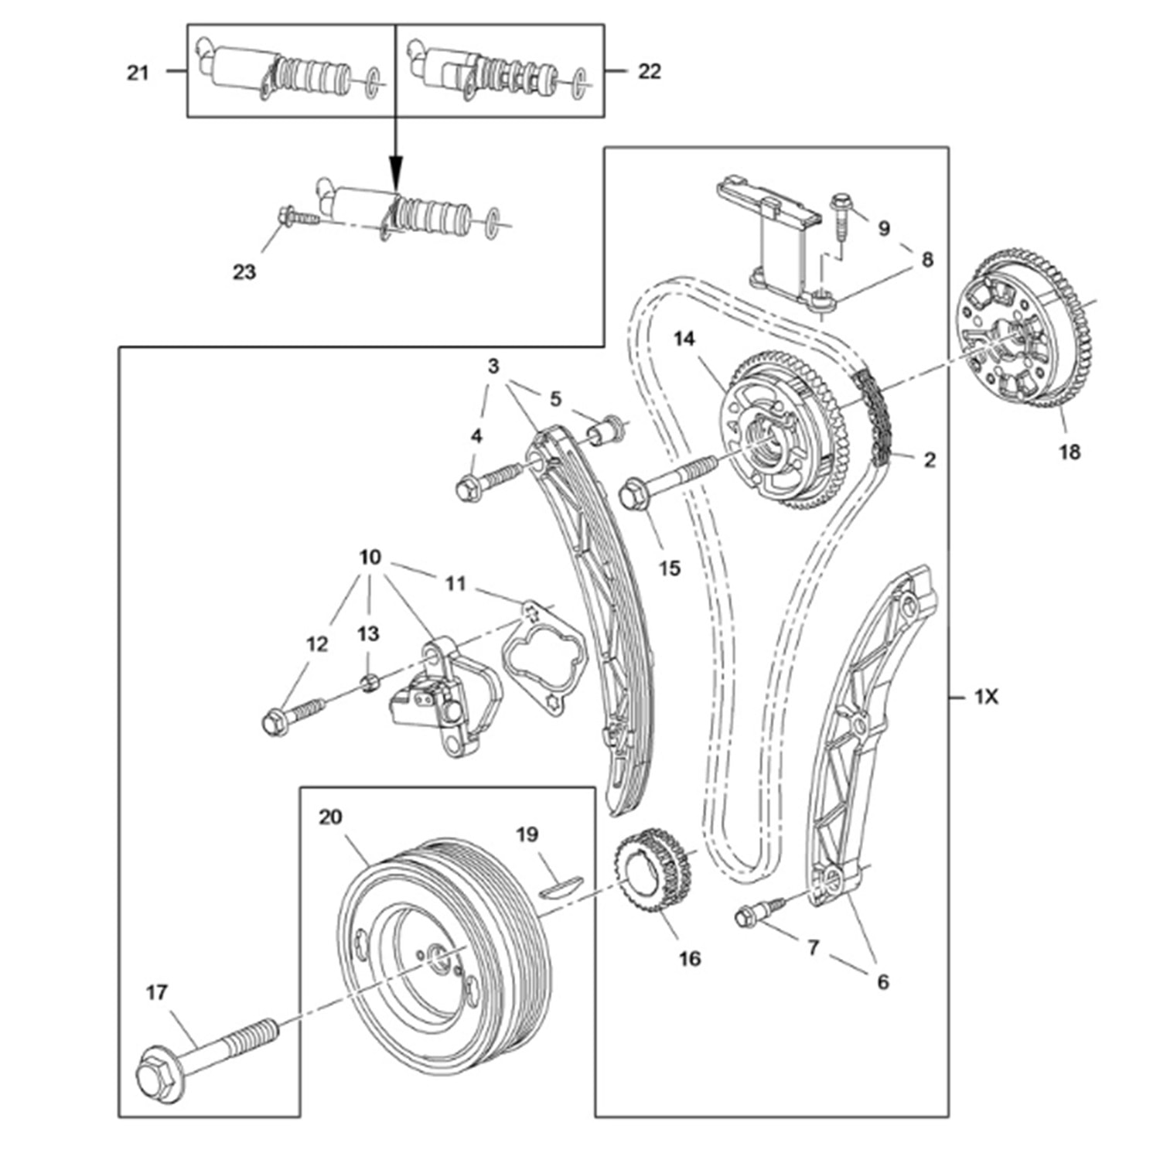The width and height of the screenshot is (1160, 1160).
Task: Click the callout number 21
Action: (138, 73)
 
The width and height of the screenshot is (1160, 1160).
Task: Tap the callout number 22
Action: (649, 71)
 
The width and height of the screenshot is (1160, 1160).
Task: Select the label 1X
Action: (986, 697)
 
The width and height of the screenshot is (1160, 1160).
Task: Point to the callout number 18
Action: (1069, 451)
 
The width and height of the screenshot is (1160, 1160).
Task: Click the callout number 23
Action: (244, 272)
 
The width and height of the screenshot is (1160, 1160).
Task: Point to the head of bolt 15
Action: (633, 492)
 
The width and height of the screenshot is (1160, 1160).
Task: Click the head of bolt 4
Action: (466, 489)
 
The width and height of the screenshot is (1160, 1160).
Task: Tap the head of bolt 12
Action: (271, 723)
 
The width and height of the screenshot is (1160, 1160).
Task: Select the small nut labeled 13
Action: (370, 681)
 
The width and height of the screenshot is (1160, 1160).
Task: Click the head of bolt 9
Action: (840, 203)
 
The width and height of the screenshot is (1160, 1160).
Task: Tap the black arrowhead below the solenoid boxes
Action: (396, 168)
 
